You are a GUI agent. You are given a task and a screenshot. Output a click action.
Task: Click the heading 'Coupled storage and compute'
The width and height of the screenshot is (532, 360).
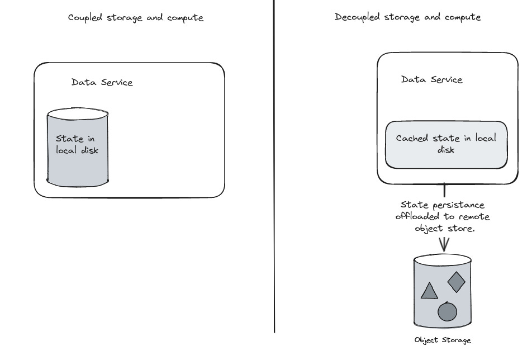[x=135, y=17]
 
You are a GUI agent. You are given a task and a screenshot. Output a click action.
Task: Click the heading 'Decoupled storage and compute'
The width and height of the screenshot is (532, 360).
[x=407, y=17]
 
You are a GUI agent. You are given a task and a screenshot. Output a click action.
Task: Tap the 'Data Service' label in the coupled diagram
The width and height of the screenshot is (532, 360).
[x=102, y=82]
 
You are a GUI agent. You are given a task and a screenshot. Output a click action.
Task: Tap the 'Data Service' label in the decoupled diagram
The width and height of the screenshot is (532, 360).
[x=431, y=79]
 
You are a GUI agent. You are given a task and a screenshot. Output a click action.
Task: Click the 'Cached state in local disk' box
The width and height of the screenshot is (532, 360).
[x=446, y=144]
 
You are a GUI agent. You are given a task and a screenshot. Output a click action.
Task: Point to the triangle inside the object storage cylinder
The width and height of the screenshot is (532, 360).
[x=429, y=291]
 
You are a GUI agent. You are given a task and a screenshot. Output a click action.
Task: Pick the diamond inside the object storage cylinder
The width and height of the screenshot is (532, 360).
[x=457, y=282]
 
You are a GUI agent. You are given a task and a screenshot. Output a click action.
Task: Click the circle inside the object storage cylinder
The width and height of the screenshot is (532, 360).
[x=447, y=311]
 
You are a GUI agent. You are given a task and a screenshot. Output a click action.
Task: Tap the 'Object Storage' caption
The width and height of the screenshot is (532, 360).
[x=443, y=340]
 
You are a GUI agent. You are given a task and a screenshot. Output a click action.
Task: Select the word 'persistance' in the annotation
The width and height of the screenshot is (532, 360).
[x=462, y=205]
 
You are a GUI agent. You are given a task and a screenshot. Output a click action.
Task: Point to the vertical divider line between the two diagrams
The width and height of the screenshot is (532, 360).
[x=274, y=168]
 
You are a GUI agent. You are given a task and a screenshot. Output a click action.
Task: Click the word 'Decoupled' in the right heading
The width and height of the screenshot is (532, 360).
[x=357, y=17]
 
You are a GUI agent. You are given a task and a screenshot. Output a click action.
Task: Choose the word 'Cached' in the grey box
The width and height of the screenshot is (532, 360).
[x=412, y=138]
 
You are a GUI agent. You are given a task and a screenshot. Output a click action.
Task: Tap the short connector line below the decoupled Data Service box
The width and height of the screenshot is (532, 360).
[x=445, y=191]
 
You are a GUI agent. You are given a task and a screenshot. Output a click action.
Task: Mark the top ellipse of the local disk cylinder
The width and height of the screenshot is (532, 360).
[x=77, y=114]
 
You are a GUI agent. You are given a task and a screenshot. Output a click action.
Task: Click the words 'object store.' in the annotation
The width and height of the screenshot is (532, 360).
[x=445, y=228]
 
